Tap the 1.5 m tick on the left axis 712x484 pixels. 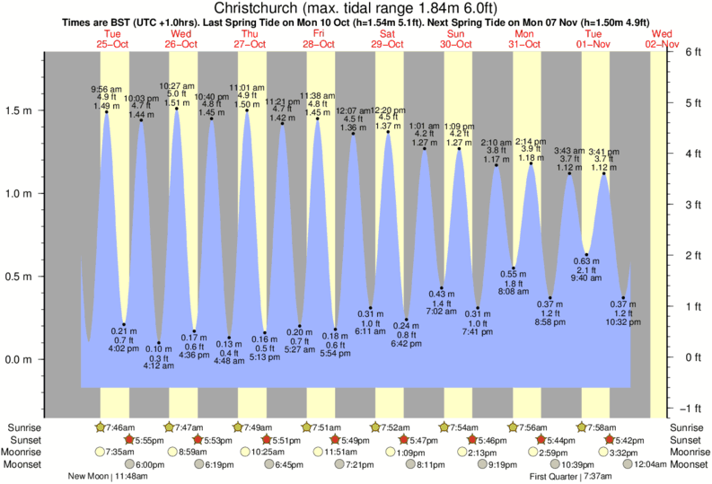pyautogui.click(x=18, y=110)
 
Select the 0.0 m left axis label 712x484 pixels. pyautogui.click(x=18, y=359)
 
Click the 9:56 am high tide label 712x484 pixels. pyautogui.click(x=106, y=89)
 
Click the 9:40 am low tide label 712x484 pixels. pyautogui.click(x=586, y=278)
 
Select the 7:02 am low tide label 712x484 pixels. pyautogui.click(x=442, y=311)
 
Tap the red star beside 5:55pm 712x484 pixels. pyautogui.click(x=128, y=440)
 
